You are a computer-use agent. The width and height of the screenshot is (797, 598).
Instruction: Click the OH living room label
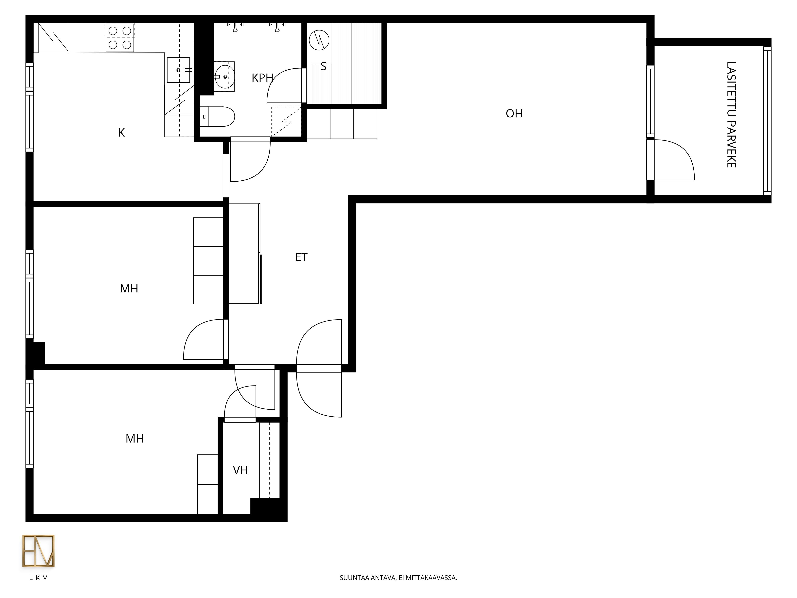click(x=514, y=114)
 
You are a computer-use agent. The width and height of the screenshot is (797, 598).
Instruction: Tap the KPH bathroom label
click(x=262, y=78)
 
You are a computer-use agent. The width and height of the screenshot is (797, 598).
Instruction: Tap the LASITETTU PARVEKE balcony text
click(x=731, y=115)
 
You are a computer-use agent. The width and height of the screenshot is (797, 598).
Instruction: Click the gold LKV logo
click(x=38, y=551)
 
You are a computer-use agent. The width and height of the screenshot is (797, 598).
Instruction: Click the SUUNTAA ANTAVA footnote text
click(x=398, y=578)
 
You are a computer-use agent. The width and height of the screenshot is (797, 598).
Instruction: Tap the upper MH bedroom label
click(x=129, y=288)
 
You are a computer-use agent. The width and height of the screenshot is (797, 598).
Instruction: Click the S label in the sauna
click(x=323, y=66)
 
